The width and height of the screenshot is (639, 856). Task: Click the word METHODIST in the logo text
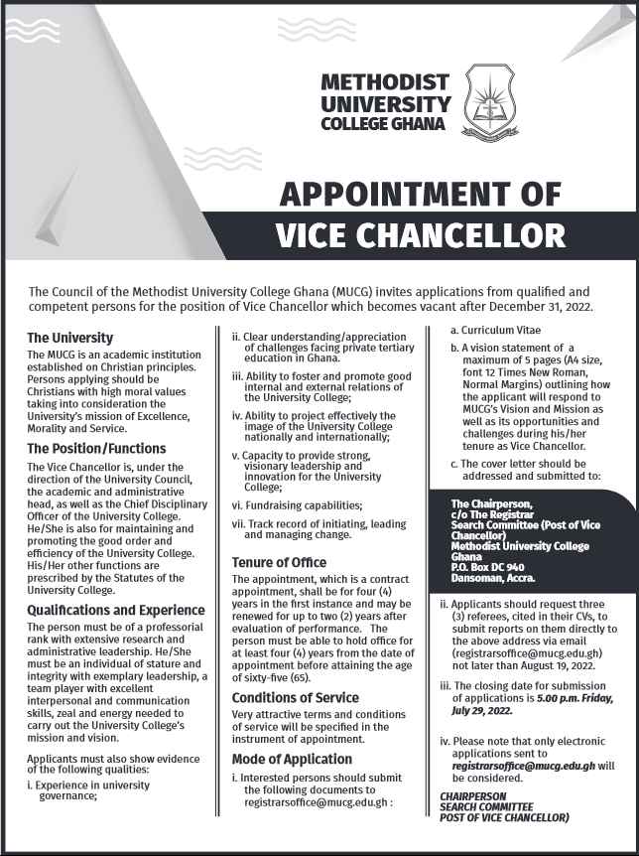point(385,82)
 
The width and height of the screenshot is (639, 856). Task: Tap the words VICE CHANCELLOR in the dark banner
point(420,234)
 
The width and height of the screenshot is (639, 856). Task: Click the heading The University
point(70,338)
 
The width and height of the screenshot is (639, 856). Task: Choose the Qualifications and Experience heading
point(116,609)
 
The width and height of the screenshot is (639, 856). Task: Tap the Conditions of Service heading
point(295,698)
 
